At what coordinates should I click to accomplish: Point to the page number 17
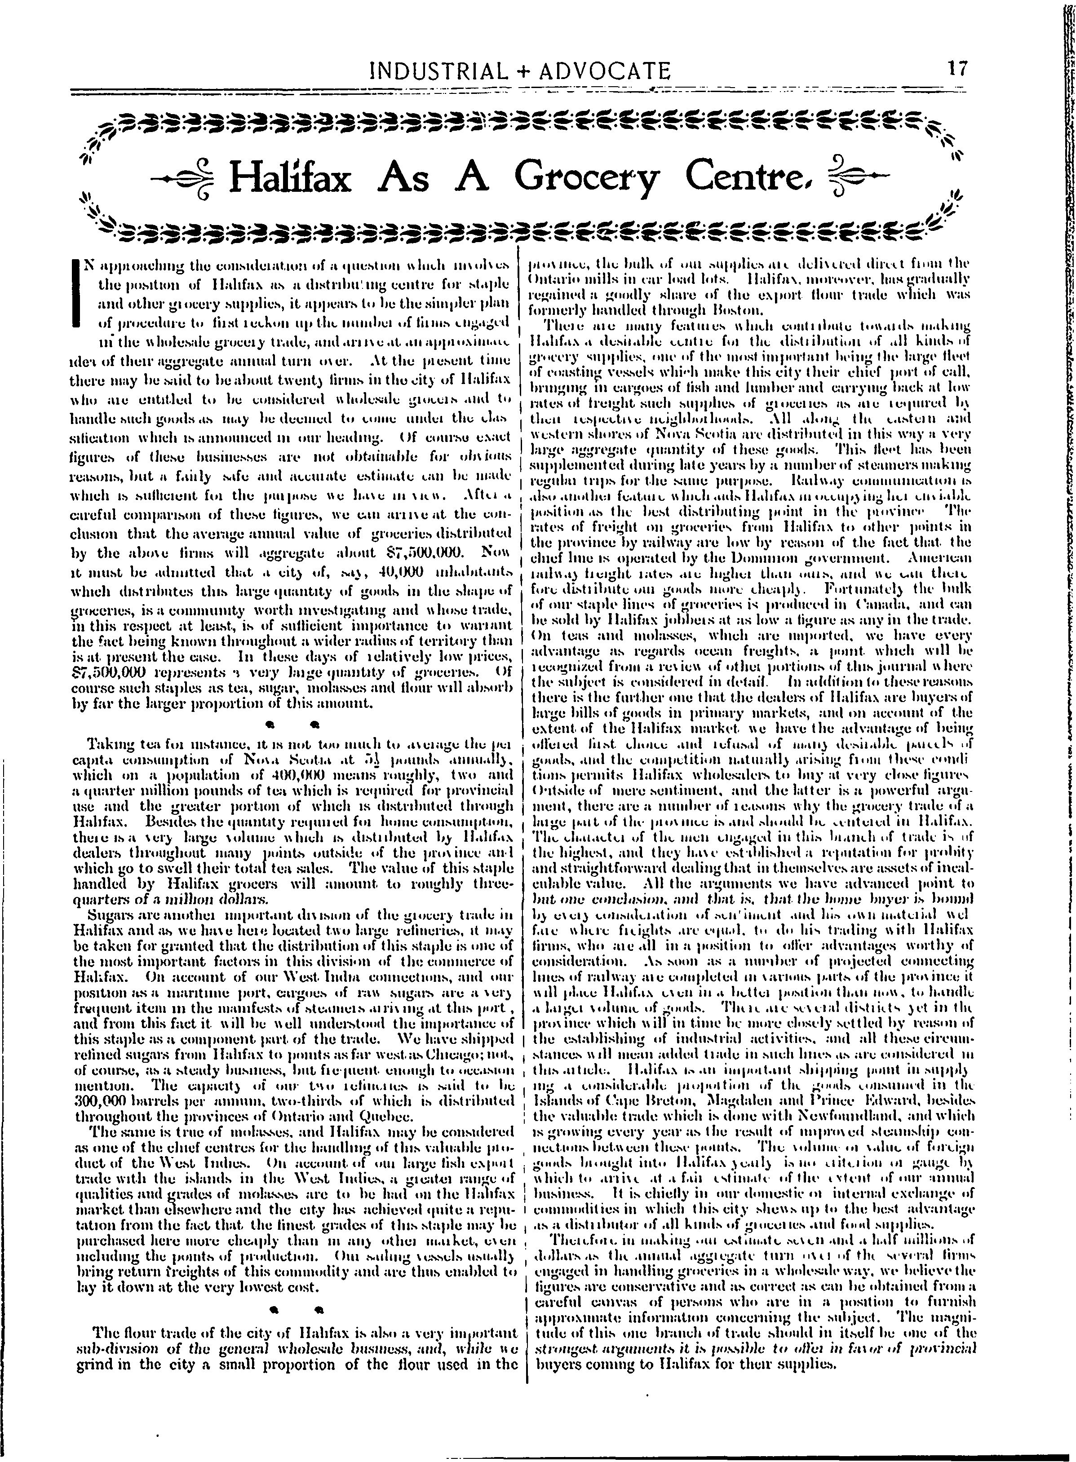coord(958,68)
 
